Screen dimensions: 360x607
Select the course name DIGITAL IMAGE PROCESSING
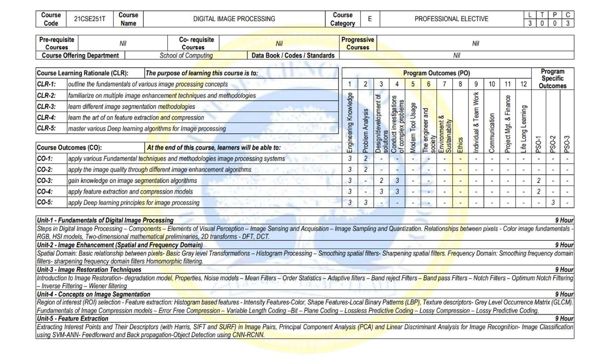pos(234,19)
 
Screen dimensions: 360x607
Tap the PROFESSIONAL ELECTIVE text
pos(451,19)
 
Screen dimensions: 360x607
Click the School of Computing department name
pos(186,56)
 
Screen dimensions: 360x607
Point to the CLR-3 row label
pos(46,107)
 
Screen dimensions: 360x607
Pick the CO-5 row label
pos(45,203)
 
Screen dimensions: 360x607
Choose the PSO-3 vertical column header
pos(567,143)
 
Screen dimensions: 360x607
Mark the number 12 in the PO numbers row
pos(524,84)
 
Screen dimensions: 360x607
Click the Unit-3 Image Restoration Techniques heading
pos(90,269)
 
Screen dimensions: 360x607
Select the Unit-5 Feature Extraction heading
pos(72,319)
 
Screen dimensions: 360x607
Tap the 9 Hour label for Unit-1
pos(563,220)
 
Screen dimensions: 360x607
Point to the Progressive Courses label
pos(358,43)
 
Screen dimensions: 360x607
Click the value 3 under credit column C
pos(568,23)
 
